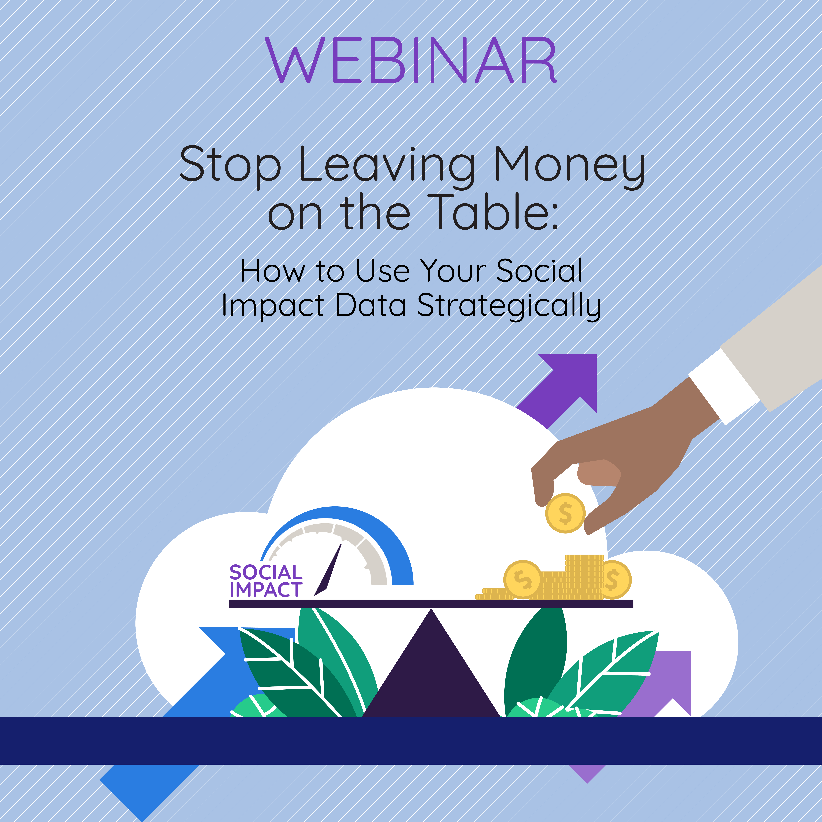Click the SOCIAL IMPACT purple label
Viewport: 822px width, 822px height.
coord(266,581)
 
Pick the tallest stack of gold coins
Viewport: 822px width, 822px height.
coord(584,577)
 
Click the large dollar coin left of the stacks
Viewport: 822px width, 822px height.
coord(523,580)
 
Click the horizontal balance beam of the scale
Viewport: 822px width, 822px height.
coord(431,604)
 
